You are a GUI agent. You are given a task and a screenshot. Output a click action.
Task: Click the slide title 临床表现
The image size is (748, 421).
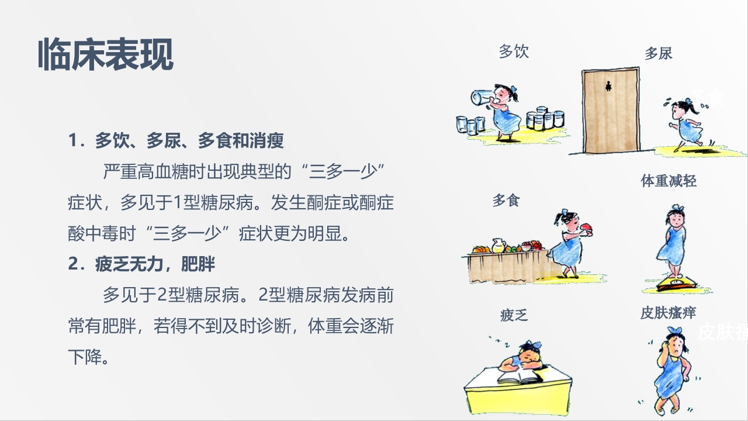[x=106, y=56]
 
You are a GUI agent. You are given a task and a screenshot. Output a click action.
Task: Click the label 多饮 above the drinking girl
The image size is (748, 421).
[x=514, y=51]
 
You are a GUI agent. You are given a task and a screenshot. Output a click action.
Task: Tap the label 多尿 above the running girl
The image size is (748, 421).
[x=659, y=54]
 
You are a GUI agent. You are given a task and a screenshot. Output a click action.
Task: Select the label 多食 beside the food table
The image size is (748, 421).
[x=506, y=201]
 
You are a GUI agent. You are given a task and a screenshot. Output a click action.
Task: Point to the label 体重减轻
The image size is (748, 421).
[x=669, y=181]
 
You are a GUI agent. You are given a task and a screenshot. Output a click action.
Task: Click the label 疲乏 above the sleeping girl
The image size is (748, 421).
[x=514, y=316]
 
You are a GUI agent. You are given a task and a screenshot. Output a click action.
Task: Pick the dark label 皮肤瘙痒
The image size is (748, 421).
[x=668, y=313]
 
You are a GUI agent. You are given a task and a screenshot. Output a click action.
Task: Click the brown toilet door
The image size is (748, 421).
[x=610, y=111]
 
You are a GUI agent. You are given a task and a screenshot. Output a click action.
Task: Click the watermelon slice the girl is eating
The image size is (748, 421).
[x=586, y=227]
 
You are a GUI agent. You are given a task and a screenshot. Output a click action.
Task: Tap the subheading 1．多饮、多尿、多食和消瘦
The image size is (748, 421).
[x=176, y=140]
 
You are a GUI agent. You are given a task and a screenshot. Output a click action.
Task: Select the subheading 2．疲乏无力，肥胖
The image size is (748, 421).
[x=141, y=264]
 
